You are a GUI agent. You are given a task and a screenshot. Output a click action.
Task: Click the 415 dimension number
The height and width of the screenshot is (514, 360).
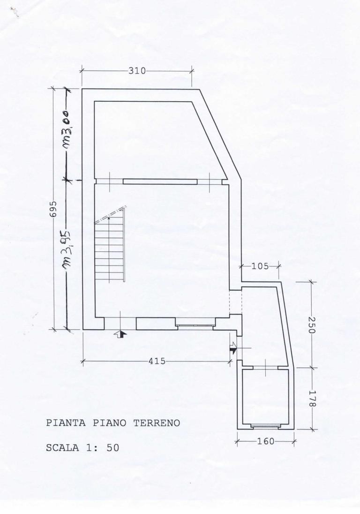click(x=157, y=361)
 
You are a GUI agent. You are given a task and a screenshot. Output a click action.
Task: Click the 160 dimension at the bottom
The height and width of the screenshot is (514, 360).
click(x=266, y=441)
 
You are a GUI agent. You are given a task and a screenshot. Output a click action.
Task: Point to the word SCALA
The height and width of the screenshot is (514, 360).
click(x=61, y=448)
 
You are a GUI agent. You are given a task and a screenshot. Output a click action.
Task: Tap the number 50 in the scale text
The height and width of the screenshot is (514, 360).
click(x=113, y=448)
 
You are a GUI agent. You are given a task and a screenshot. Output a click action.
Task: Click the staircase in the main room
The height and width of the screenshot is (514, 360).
click(x=111, y=249)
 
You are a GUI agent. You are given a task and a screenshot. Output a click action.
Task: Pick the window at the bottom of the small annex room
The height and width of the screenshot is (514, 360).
click(x=265, y=426)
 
